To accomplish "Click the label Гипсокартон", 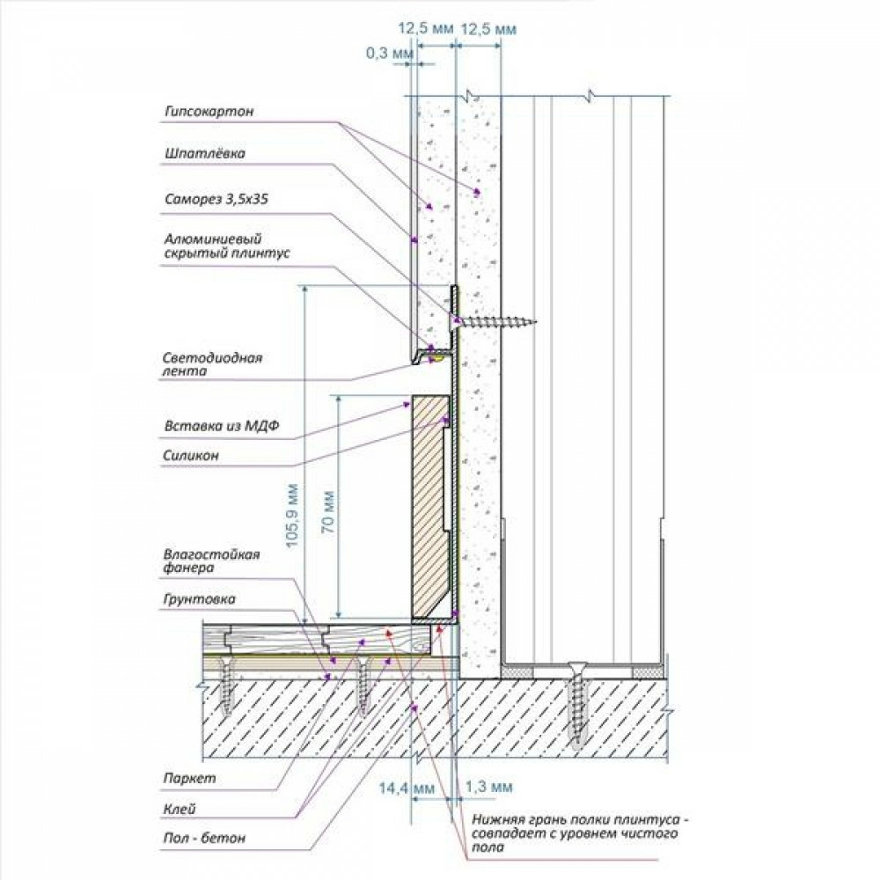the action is (x=209, y=112).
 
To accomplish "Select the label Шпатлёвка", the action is (x=205, y=153).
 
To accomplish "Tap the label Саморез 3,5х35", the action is (x=216, y=199).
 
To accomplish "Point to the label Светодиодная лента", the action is (x=212, y=364).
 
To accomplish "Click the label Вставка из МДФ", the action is (x=222, y=426).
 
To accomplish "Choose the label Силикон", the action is (x=191, y=456).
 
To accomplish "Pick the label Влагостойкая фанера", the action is (x=211, y=561).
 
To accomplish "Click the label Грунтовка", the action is (x=199, y=598).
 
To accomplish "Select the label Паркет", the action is (x=189, y=779).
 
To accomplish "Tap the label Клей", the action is (x=180, y=809).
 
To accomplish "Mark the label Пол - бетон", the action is (x=204, y=839).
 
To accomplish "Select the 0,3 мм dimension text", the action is (x=390, y=54).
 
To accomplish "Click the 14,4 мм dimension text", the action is (x=407, y=788).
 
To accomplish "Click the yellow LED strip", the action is (x=438, y=357).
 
